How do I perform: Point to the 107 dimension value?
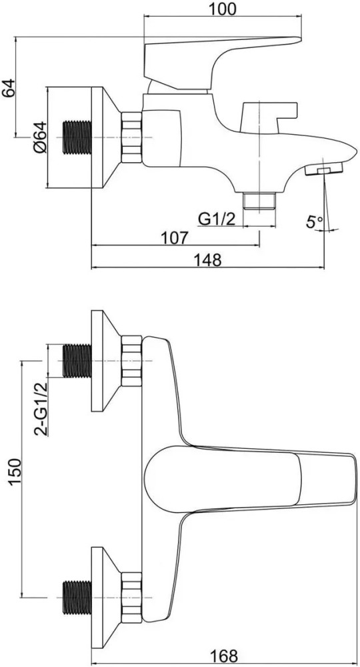[175, 238]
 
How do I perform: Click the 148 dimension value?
[208, 259]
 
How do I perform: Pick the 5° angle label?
[315, 221]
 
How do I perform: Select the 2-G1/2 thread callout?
[41, 409]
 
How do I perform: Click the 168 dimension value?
[224, 656]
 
